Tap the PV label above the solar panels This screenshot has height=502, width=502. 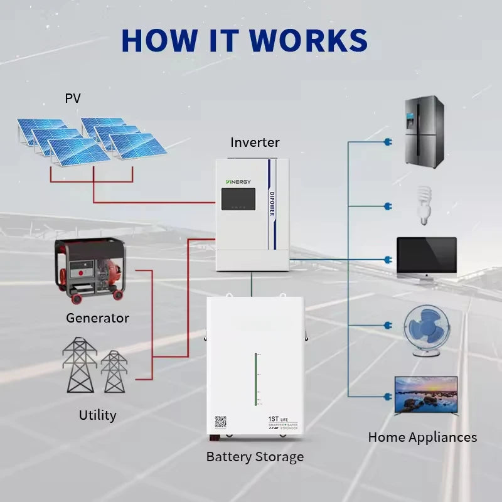pos(73,99)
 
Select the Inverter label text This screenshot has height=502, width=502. pos(255,142)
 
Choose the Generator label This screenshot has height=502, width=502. pos(97,318)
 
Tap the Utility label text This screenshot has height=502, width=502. pos(97,415)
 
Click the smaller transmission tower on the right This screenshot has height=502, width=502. pos(114,371)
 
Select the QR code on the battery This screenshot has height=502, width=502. pos(220,422)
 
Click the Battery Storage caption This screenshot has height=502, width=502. pos(255,457)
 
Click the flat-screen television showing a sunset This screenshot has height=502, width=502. pos(426,395)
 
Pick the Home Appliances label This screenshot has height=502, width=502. pos(422,437)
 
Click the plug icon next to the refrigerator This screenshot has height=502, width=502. pos(387,142)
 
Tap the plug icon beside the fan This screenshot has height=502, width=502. pos(387,325)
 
